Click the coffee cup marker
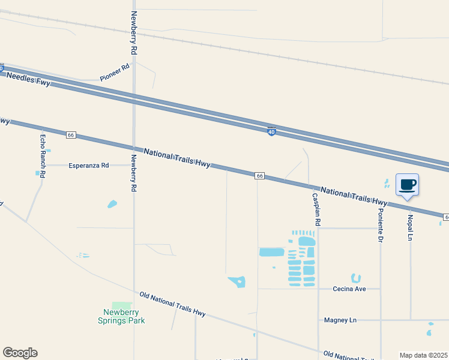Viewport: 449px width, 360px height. click(x=407, y=185)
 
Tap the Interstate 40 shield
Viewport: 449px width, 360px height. click(x=271, y=131)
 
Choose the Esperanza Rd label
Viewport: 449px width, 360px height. click(x=89, y=165)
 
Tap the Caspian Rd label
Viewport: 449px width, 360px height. click(x=317, y=209)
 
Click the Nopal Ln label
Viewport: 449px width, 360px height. click(x=411, y=228)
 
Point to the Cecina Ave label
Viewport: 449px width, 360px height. click(x=350, y=289)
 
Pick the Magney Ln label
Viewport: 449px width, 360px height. click(x=340, y=320)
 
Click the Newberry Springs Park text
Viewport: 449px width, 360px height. click(x=121, y=316)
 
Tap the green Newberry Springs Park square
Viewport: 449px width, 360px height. click(x=122, y=305)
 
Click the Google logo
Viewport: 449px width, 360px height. click(x=20, y=353)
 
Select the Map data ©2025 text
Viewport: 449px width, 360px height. click(x=423, y=355)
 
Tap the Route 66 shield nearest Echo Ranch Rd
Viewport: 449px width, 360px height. click(x=71, y=135)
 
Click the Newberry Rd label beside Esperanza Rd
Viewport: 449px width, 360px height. click(x=134, y=173)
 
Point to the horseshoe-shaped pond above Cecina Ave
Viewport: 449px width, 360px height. click(x=356, y=278)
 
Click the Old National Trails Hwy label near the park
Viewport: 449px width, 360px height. click(x=172, y=304)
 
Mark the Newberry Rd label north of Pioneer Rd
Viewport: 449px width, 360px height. click(x=134, y=34)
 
